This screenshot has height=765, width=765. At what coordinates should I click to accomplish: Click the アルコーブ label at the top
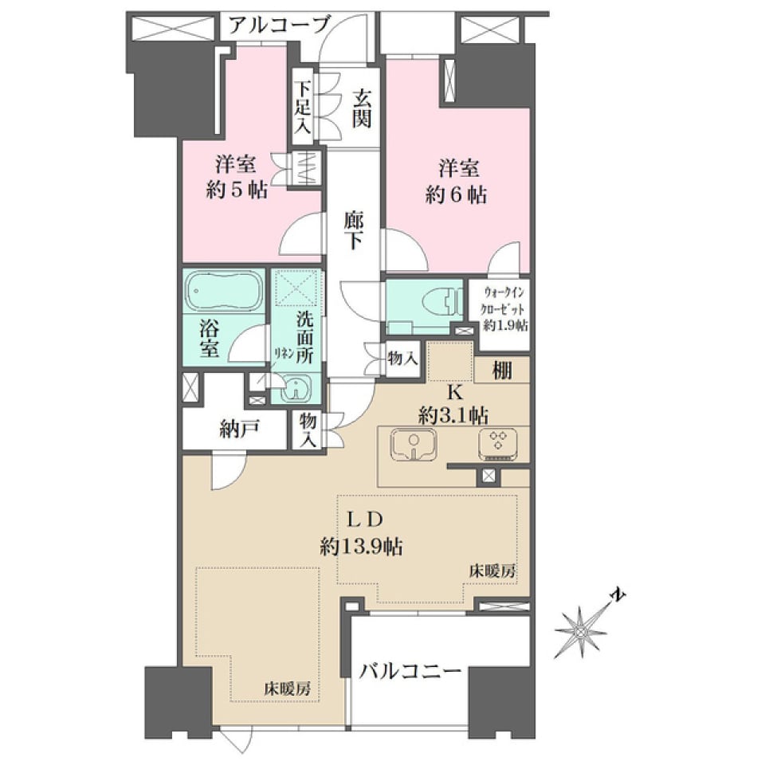(278, 25)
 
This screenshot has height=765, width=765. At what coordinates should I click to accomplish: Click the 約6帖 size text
(456, 194)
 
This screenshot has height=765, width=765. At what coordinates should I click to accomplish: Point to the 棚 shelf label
(502, 371)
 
